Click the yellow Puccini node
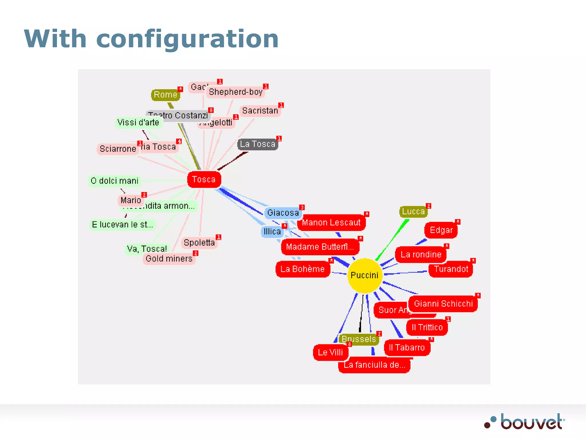point(365,275)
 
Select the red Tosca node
point(204,179)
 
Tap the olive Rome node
point(165,95)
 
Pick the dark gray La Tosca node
point(257,144)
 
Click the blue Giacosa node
point(283,213)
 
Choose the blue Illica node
point(272,232)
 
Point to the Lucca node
point(413,211)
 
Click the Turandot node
point(451,269)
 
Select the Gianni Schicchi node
point(443,304)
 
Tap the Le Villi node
point(330,352)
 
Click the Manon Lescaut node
point(331,223)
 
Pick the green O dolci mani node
point(114,181)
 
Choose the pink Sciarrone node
point(118,149)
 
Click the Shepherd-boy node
point(235,92)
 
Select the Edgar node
point(441,230)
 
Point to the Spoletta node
point(199,243)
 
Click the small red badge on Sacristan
point(281,105)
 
